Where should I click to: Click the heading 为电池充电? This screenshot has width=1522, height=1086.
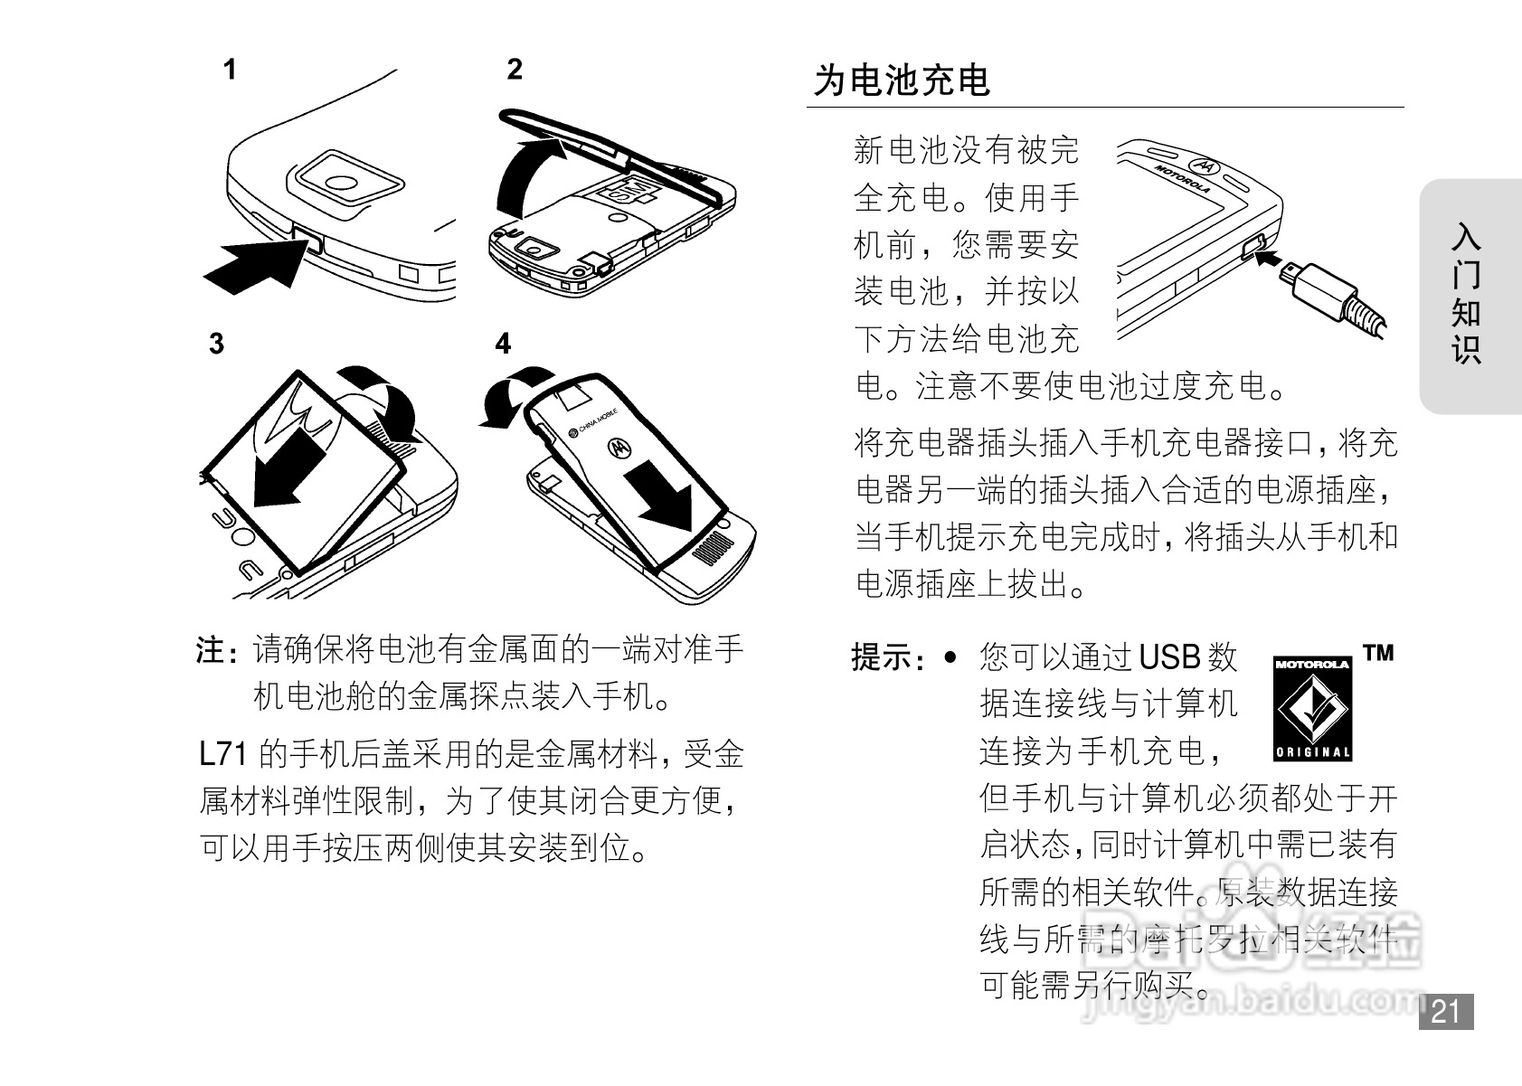pos(902,80)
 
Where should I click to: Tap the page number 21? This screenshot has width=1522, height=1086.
pos(1446,1011)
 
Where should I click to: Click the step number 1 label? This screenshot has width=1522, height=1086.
pos(231,70)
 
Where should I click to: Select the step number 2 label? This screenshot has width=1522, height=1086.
pos(515,70)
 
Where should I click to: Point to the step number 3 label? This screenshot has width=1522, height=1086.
pos(216,345)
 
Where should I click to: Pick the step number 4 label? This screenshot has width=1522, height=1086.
pos(503,345)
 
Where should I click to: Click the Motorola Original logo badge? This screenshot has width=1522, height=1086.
pos(1313,708)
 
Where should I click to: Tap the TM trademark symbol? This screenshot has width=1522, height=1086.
pos(1378,653)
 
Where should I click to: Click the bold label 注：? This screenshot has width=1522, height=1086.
pos(218,651)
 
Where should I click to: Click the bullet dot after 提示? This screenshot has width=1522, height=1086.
pos(949,656)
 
